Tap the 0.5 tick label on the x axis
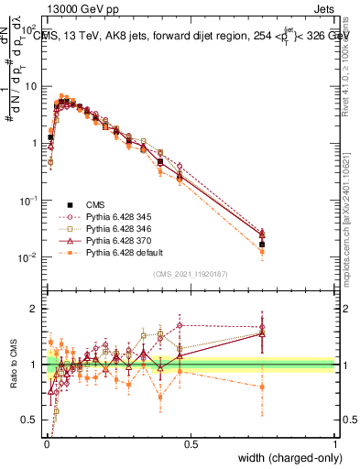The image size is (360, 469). coord(190,444)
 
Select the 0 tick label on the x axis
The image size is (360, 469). coord(46,444)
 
